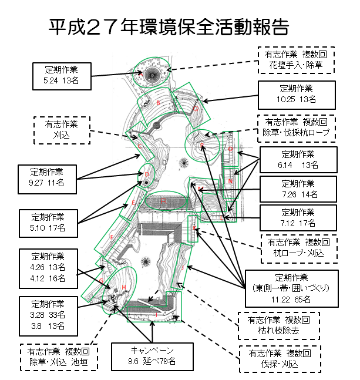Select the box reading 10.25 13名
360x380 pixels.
coord(297,95)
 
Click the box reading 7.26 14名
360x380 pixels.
coord(298,189)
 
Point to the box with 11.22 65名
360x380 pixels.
coord(291,288)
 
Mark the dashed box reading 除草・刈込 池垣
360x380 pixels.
coord(58,357)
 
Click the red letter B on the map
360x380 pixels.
coord(159,103)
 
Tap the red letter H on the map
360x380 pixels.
coord(124,287)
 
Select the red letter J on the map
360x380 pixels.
coord(183,268)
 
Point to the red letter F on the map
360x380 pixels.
coord(112,237)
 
